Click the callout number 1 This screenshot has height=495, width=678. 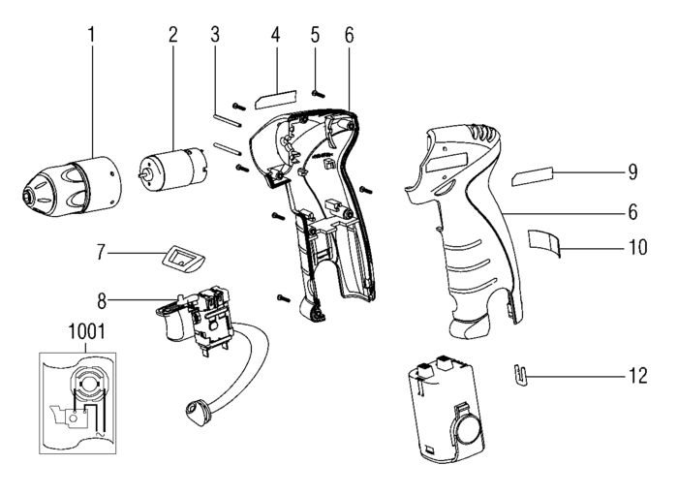[92, 36]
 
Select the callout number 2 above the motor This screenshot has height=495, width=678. [173, 36]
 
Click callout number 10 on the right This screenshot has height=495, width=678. [636, 247]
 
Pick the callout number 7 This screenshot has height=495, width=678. [100, 254]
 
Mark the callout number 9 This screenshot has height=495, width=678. [632, 172]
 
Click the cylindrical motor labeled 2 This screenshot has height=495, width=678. [171, 167]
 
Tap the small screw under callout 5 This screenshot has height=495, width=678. [317, 91]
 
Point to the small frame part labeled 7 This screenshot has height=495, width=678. [181, 258]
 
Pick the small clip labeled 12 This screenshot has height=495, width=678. [521, 374]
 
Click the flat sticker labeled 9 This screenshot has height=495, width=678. [534, 176]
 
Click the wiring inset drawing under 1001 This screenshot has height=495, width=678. [83, 398]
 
